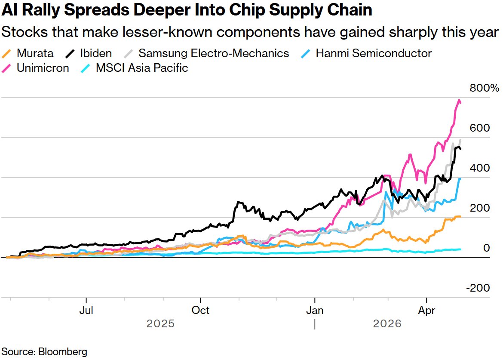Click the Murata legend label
35,53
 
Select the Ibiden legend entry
95,53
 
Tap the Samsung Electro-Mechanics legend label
213,53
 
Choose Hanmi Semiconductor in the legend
373,53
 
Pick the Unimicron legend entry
43,68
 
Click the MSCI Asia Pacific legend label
141,68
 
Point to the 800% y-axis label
484,89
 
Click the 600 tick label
480,128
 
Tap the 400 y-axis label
480,168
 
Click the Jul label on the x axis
86,311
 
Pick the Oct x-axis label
200,311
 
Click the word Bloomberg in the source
63,351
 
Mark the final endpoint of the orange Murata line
461,216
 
